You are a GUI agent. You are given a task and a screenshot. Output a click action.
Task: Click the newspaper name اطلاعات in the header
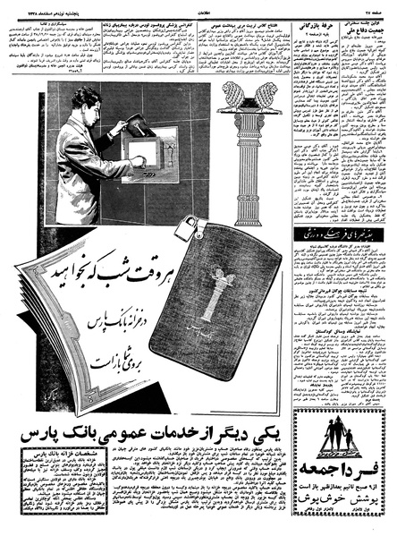(x=198, y=7)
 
